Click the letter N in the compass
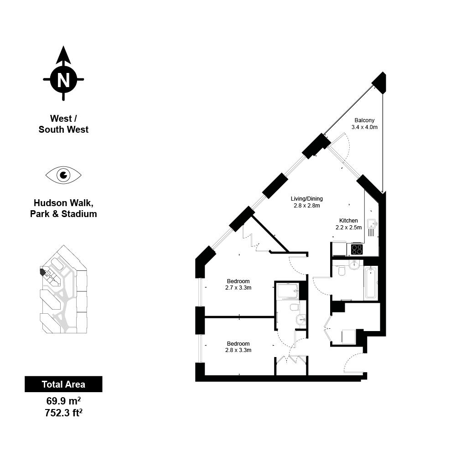tap(63, 79)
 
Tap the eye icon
tap(63, 175)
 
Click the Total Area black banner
tap(63, 384)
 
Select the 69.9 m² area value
tap(63, 401)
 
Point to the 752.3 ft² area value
tap(63, 413)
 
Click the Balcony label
tap(364, 120)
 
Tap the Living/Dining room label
tap(307, 199)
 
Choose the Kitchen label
tap(348, 220)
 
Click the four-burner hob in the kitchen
tap(357, 249)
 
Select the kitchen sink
tap(372, 224)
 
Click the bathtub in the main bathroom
tap(371, 283)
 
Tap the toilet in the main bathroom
tap(342, 270)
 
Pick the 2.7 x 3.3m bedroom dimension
tap(238, 288)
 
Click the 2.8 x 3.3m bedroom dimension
tap(238, 350)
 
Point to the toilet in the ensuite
tap(295, 307)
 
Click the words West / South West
tap(63, 124)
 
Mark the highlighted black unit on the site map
tap(42, 272)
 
